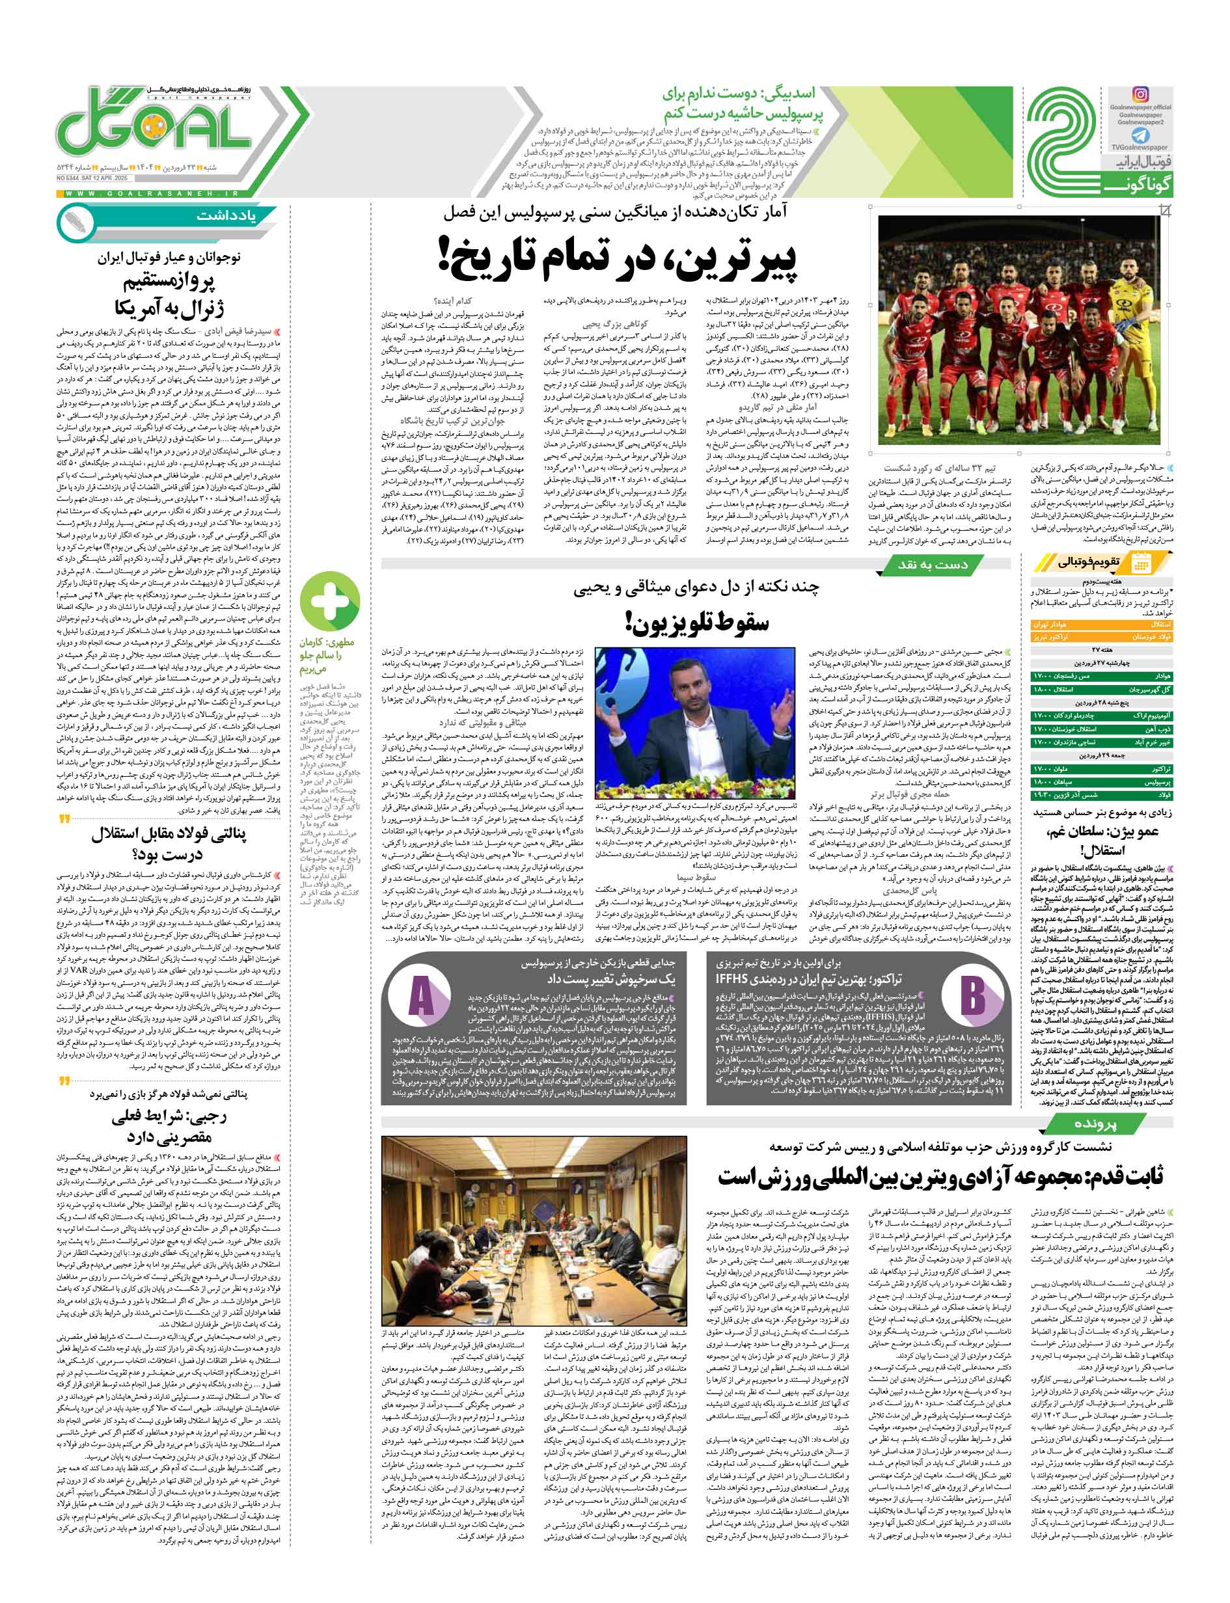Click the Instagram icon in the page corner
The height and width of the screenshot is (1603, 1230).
click(1141, 94)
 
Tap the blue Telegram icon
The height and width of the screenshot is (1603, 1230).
click(1141, 135)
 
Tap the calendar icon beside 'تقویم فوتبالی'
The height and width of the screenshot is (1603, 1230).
click(1141, 563)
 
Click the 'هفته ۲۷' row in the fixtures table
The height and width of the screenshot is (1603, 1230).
click(1101, 649)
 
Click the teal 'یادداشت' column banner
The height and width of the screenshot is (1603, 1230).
click(223, 217)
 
